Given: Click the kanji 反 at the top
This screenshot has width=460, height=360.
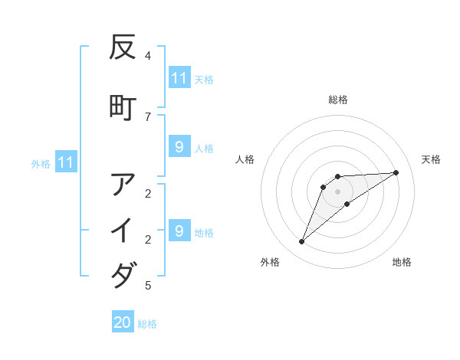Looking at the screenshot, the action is (123, 48).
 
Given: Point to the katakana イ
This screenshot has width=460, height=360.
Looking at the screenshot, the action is (123, 230).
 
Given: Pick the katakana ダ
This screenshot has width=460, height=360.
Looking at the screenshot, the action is (123, 274).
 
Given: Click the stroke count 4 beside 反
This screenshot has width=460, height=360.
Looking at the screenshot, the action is (148, 55).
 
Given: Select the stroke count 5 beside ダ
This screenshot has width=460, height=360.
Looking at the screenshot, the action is (148, 286).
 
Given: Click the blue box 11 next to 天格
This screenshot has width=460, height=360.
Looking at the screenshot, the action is (179, 78).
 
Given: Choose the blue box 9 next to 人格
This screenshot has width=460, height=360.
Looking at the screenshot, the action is (179, 147).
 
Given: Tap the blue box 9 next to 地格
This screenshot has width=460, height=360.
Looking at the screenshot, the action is (179, 231).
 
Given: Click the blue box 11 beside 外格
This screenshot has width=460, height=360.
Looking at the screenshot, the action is (65, 162).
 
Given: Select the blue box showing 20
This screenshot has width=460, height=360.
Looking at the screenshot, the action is (123, 322).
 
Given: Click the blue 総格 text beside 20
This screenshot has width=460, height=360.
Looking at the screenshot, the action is (147, 324).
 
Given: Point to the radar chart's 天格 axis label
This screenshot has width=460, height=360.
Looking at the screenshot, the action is (431, 159).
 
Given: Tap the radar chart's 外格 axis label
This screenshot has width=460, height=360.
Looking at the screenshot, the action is (270, 262).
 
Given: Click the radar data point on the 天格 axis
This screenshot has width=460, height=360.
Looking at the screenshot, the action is (396, 172).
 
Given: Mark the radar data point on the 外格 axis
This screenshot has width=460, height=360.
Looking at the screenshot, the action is (301, 242).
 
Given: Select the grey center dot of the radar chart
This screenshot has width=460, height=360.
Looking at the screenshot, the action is (338, 191).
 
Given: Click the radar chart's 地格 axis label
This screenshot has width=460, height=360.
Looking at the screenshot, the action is (402, 262).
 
